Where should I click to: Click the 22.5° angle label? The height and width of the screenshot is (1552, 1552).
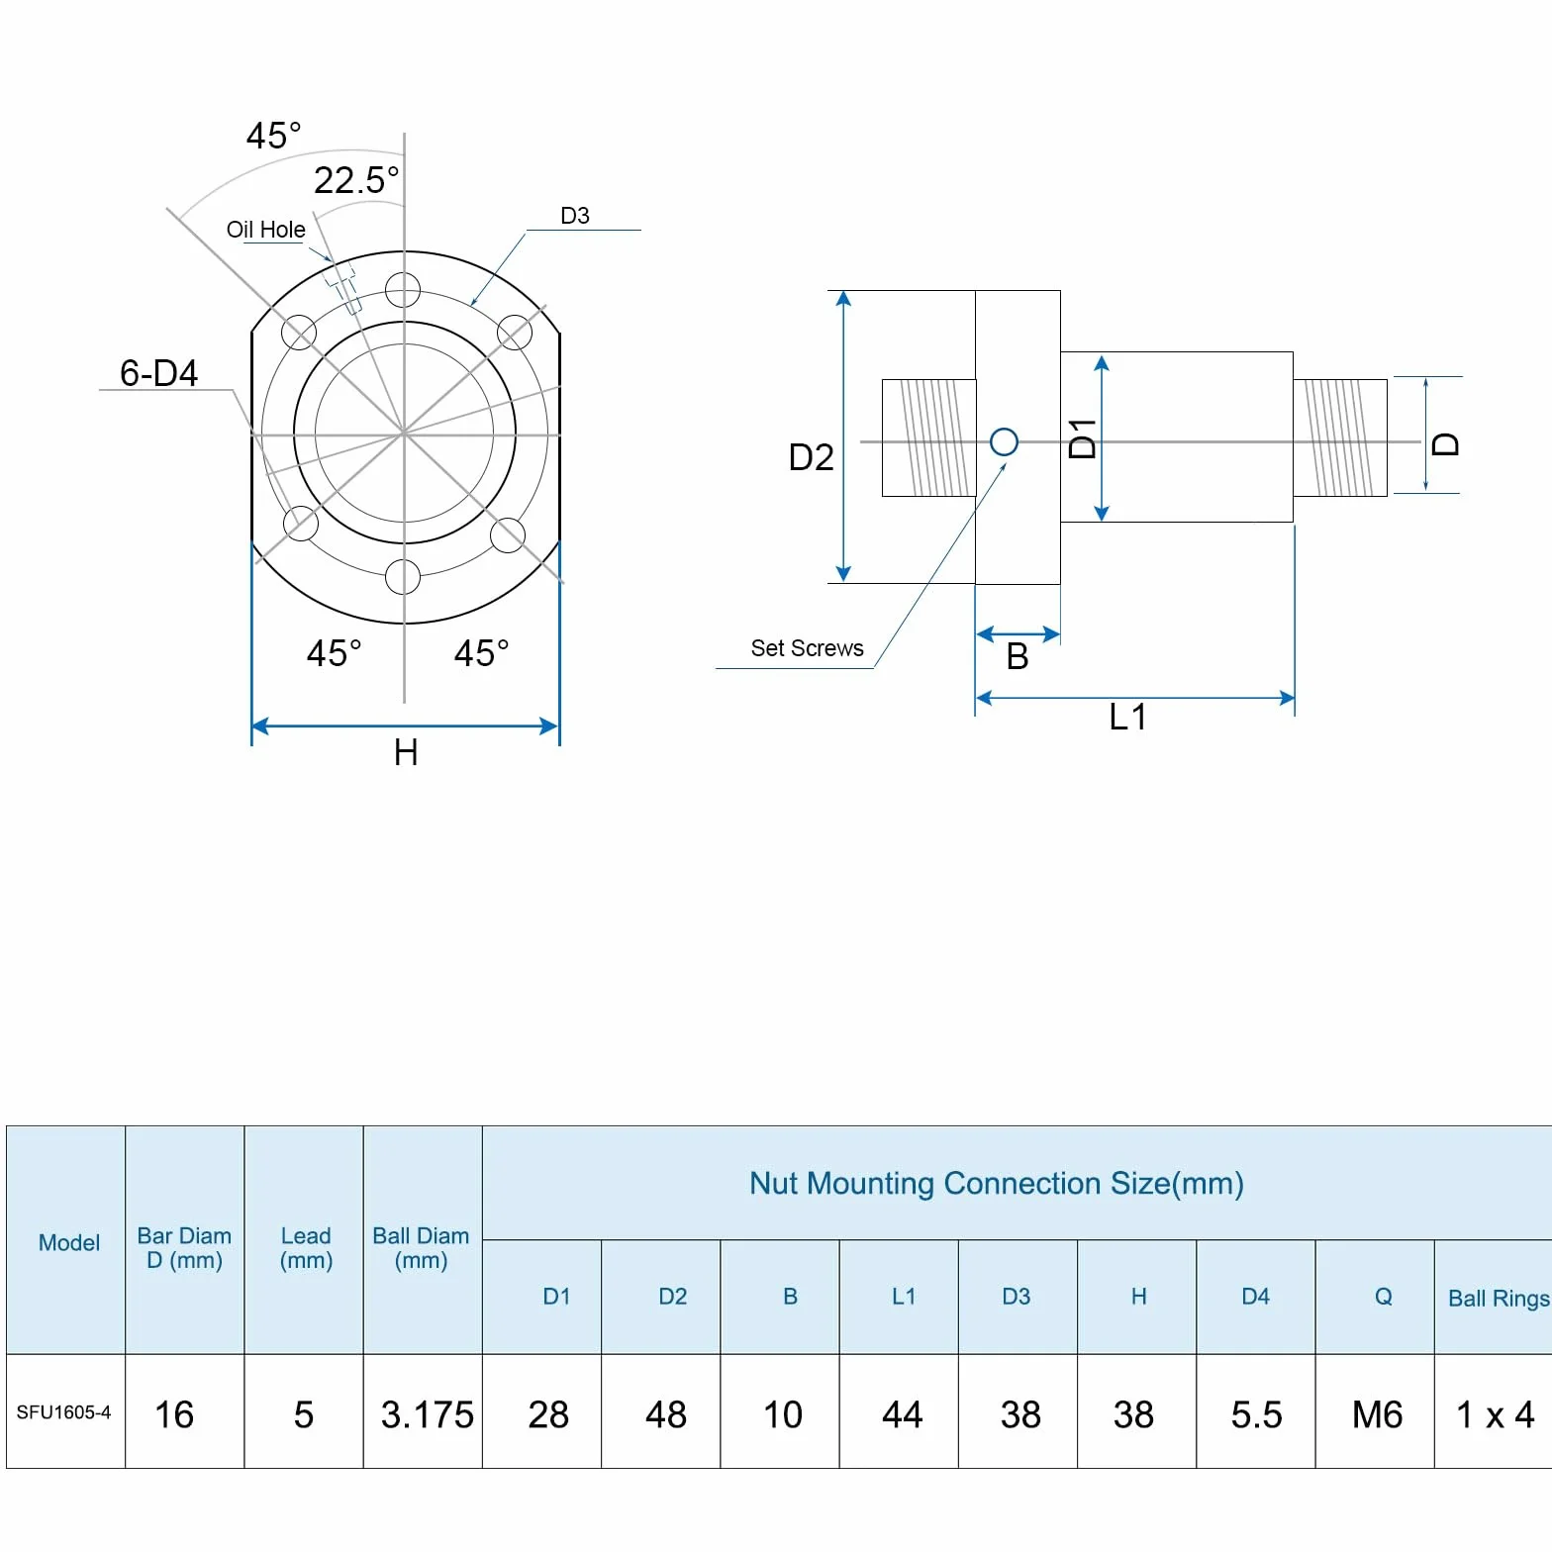[356, 180]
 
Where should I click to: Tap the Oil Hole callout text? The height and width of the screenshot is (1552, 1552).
[266, 230]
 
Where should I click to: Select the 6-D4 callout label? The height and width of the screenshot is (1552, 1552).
[158, 373]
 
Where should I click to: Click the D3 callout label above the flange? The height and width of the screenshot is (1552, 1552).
[575, 216]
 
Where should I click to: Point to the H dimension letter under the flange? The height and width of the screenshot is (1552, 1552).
[406, 753]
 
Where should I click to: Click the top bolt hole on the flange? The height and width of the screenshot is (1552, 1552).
[403, 291]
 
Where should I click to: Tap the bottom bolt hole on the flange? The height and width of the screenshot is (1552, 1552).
[403, 577]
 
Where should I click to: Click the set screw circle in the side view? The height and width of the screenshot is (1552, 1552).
[1004, 441]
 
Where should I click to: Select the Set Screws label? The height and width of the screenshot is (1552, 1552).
[807, 648]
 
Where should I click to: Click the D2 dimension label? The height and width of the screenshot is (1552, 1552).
[811, 457]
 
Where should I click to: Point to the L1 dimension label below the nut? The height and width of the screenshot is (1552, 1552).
[1127, 717]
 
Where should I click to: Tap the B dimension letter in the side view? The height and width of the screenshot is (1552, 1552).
[1018, 656]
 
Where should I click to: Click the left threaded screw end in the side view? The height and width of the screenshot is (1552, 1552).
[928, 437]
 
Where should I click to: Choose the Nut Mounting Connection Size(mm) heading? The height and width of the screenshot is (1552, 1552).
[997, 1183]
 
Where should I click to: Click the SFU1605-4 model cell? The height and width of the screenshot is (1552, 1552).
[63, 1412]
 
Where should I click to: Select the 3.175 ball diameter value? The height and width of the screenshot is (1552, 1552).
[428, 1414]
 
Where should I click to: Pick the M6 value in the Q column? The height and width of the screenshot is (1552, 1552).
[1377, 1414]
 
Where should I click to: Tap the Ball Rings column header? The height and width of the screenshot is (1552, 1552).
[1499, 1298]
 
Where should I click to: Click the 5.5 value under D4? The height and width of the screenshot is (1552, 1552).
[1256, 1414]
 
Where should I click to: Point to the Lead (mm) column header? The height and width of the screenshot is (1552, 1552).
[306, 1248]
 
